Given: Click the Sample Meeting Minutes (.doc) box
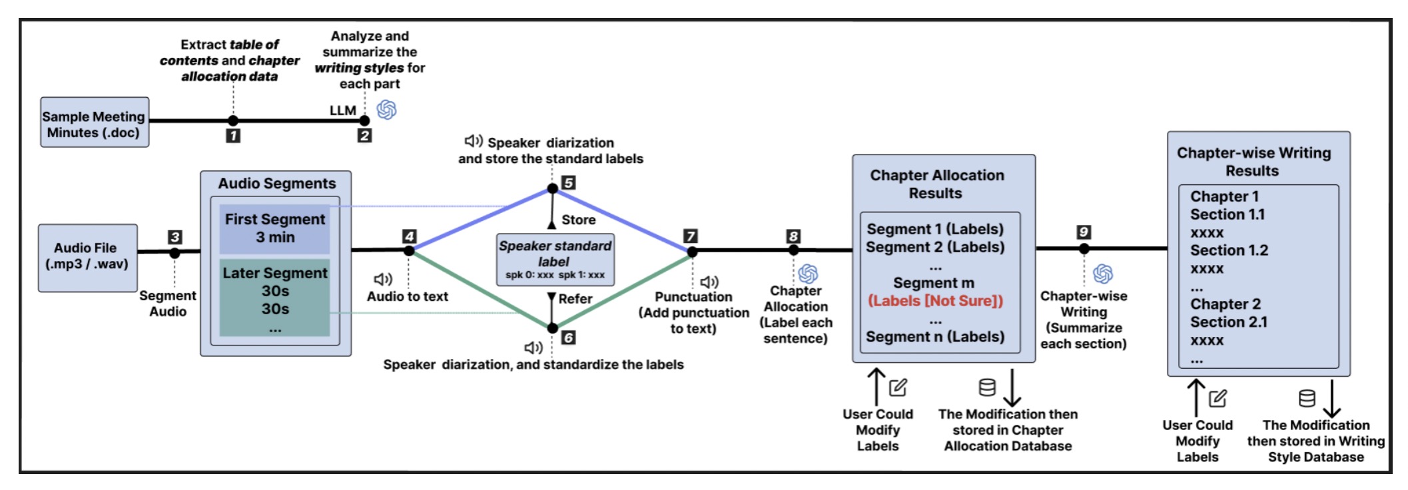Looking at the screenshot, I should tap(94, 122).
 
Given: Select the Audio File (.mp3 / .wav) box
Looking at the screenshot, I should tap(87, 257).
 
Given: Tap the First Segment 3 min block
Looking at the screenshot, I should tap(274, 228).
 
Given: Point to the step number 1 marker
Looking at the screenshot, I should tap(233, 136).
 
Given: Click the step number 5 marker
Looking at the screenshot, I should tap(568, 182).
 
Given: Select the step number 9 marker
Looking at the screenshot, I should tap(1084, 232).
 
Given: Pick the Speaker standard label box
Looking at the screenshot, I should tap(555, 260).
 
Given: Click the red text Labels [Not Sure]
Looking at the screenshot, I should tap(935, 301).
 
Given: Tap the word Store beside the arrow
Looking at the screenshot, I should tap(578, 220).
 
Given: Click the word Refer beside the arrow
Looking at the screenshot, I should tap(575, 299).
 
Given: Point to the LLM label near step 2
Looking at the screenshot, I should tap(343, 111).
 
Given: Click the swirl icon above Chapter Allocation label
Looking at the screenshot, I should tap(808, 274).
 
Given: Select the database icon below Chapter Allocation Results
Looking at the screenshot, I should tap(987, 387).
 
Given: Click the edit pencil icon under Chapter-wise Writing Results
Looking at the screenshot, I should tap(1218, 398).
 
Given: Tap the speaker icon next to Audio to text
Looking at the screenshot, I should tap(383, 279).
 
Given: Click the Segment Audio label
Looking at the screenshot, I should tap(168, 304).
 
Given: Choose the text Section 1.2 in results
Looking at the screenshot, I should tap(1229, 250).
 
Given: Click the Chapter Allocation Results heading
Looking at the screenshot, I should tap(936, 184).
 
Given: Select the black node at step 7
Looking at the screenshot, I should tap(692, 252).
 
